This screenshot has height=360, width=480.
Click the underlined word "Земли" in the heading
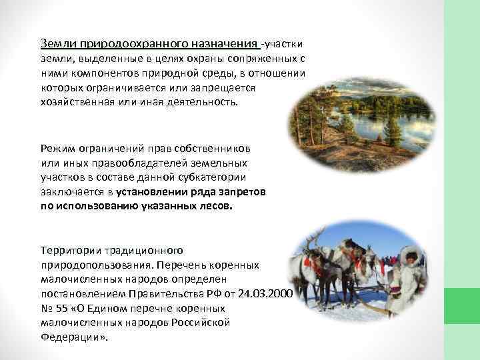pyautogui.click(x=59, y=43)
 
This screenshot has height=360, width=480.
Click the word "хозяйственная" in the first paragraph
pyautogui.click(x=73, y=103)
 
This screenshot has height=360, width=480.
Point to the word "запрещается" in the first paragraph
pyautogui.click(x=227, y=88)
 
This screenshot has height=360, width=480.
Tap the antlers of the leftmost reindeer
pyautogui.click(x=313, y=238)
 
